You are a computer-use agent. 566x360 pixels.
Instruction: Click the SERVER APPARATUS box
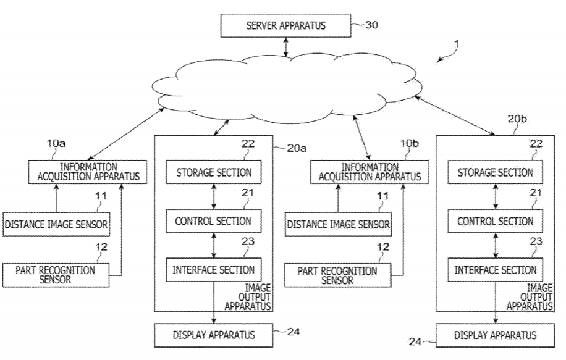[x=286, y=26]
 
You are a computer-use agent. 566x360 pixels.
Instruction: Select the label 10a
[x=57, y=143]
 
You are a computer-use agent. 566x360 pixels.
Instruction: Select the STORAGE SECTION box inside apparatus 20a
[x=213, y=172]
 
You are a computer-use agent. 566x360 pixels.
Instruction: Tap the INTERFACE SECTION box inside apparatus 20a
[x=213, y=270]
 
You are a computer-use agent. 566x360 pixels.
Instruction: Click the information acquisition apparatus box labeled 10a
[x=88, y=172]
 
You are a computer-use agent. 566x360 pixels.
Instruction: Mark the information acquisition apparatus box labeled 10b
[x=370, y=172]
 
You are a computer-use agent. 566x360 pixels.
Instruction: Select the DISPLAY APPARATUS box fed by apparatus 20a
[x=213, y=335]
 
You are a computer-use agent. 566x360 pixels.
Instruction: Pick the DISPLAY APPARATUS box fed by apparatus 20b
[x=494, y=335]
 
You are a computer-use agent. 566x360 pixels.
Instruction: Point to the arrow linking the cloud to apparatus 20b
[x=458, y=115]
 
